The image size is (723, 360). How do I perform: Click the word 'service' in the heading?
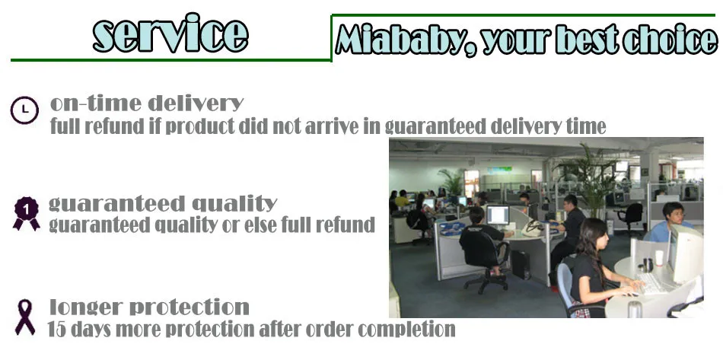170,33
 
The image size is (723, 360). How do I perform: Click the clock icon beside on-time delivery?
24,110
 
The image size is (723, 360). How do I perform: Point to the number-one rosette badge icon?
27,213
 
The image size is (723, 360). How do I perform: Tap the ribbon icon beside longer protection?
25,317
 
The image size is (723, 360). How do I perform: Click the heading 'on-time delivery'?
147,104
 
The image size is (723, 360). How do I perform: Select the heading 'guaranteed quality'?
163,203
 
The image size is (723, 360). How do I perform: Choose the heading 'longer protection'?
149,307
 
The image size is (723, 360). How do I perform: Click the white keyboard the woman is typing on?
652,283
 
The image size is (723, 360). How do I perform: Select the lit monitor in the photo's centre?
498,215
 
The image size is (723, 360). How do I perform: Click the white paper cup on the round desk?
659,258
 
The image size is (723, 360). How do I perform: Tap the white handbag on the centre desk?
534,228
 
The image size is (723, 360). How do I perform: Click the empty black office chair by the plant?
631,217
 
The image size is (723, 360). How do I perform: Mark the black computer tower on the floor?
521,265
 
